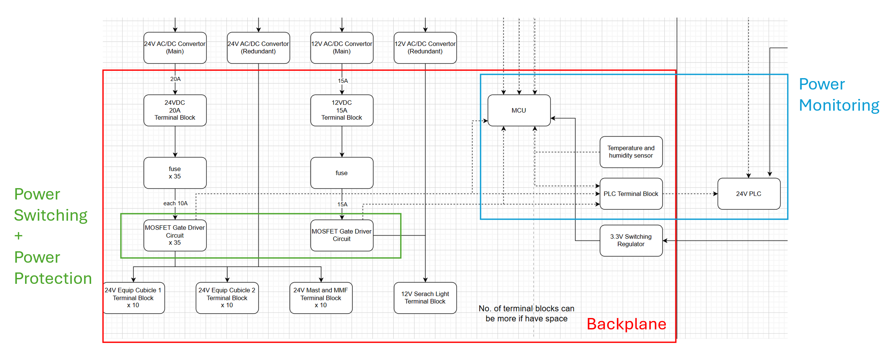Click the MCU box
pyautogui.click(x=518, y=110)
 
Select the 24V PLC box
pyautogui.click(x=749, y=194)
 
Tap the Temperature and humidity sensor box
pyautogui.click(x=631, y=152)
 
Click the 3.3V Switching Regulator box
pyautogui.click(x=631, y=240)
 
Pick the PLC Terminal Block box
pyautogui.click(x=631, y=194)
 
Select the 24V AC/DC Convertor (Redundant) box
pyautogui.click(x=258, y=48)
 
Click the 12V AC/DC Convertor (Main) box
pyautogui.click(x=341, y=48)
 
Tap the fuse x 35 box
pyautogui.click(x=174, y=173)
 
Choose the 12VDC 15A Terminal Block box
pyautogui.click(x=341, y=110)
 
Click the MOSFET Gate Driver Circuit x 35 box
pyautogui.click(x=174, y=235)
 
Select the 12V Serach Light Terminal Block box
pyautogui.click(x=425, y=298)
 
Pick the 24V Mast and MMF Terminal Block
pyautogui.click(x=321, y=298)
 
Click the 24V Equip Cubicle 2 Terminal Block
pyautogui.click(x=227, y=298)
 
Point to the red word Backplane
pyautogui.click(x=626, y=324)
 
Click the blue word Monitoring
pyautogui.click(x=839, y=105)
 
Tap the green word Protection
pyautogui.click(x=53, y=279)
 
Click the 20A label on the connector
pyautogui.click(x=175, y=79)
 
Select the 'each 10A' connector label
pyautogui.click(x=175, y=203)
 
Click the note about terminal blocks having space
pyautogui.click(x=526, y=313)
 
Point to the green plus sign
pyautogui.click(x=19, y=236)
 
